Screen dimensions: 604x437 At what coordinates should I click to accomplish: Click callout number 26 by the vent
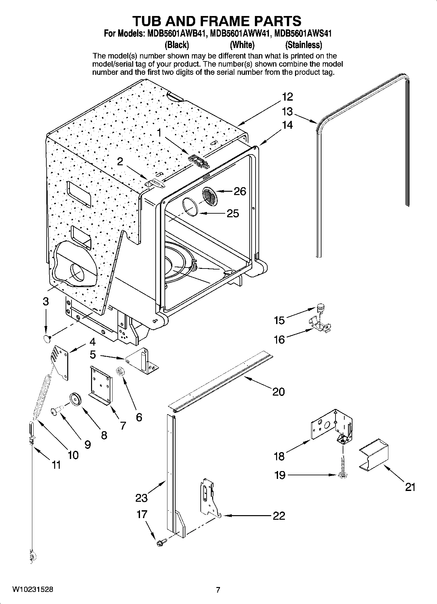tap(240, 191)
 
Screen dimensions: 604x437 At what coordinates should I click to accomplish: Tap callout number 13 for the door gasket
tap(287, 112)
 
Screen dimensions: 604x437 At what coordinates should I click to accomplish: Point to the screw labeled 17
tap(161, 543)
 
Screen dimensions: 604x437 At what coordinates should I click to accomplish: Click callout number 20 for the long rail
tap(278, 391)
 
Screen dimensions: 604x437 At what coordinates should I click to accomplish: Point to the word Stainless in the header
tap(304, 44)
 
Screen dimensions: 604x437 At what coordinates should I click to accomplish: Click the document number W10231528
tap(33, 590)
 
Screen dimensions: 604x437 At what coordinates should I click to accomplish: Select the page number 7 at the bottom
tap(218, 590)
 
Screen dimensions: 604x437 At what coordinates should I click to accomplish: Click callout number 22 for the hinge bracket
tap(279, 516)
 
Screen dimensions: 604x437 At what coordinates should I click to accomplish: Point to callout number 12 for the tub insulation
tap(288, 97)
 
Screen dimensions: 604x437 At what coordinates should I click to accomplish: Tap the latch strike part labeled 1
tap(199, 161)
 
